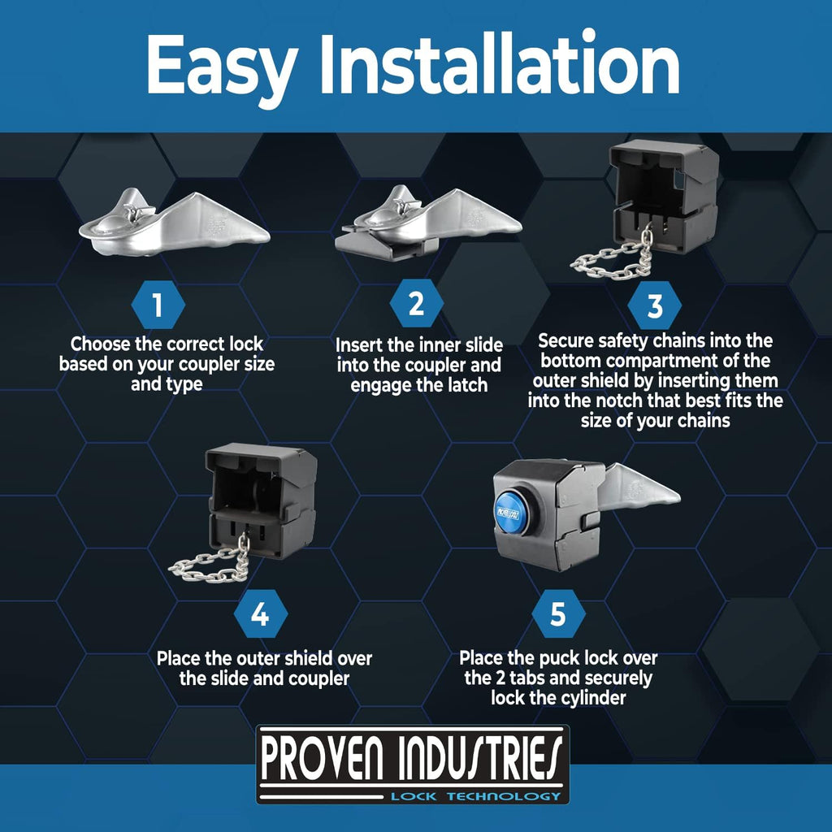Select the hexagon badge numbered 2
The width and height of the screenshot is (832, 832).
point(417,303)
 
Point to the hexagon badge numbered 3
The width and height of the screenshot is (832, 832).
point(655,305)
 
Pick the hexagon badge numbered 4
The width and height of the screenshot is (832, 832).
point(261,614)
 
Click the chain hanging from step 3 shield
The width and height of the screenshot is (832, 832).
point(616,260)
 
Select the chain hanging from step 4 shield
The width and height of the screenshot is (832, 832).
point(212,562)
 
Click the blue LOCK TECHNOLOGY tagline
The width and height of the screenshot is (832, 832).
point(475,796)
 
